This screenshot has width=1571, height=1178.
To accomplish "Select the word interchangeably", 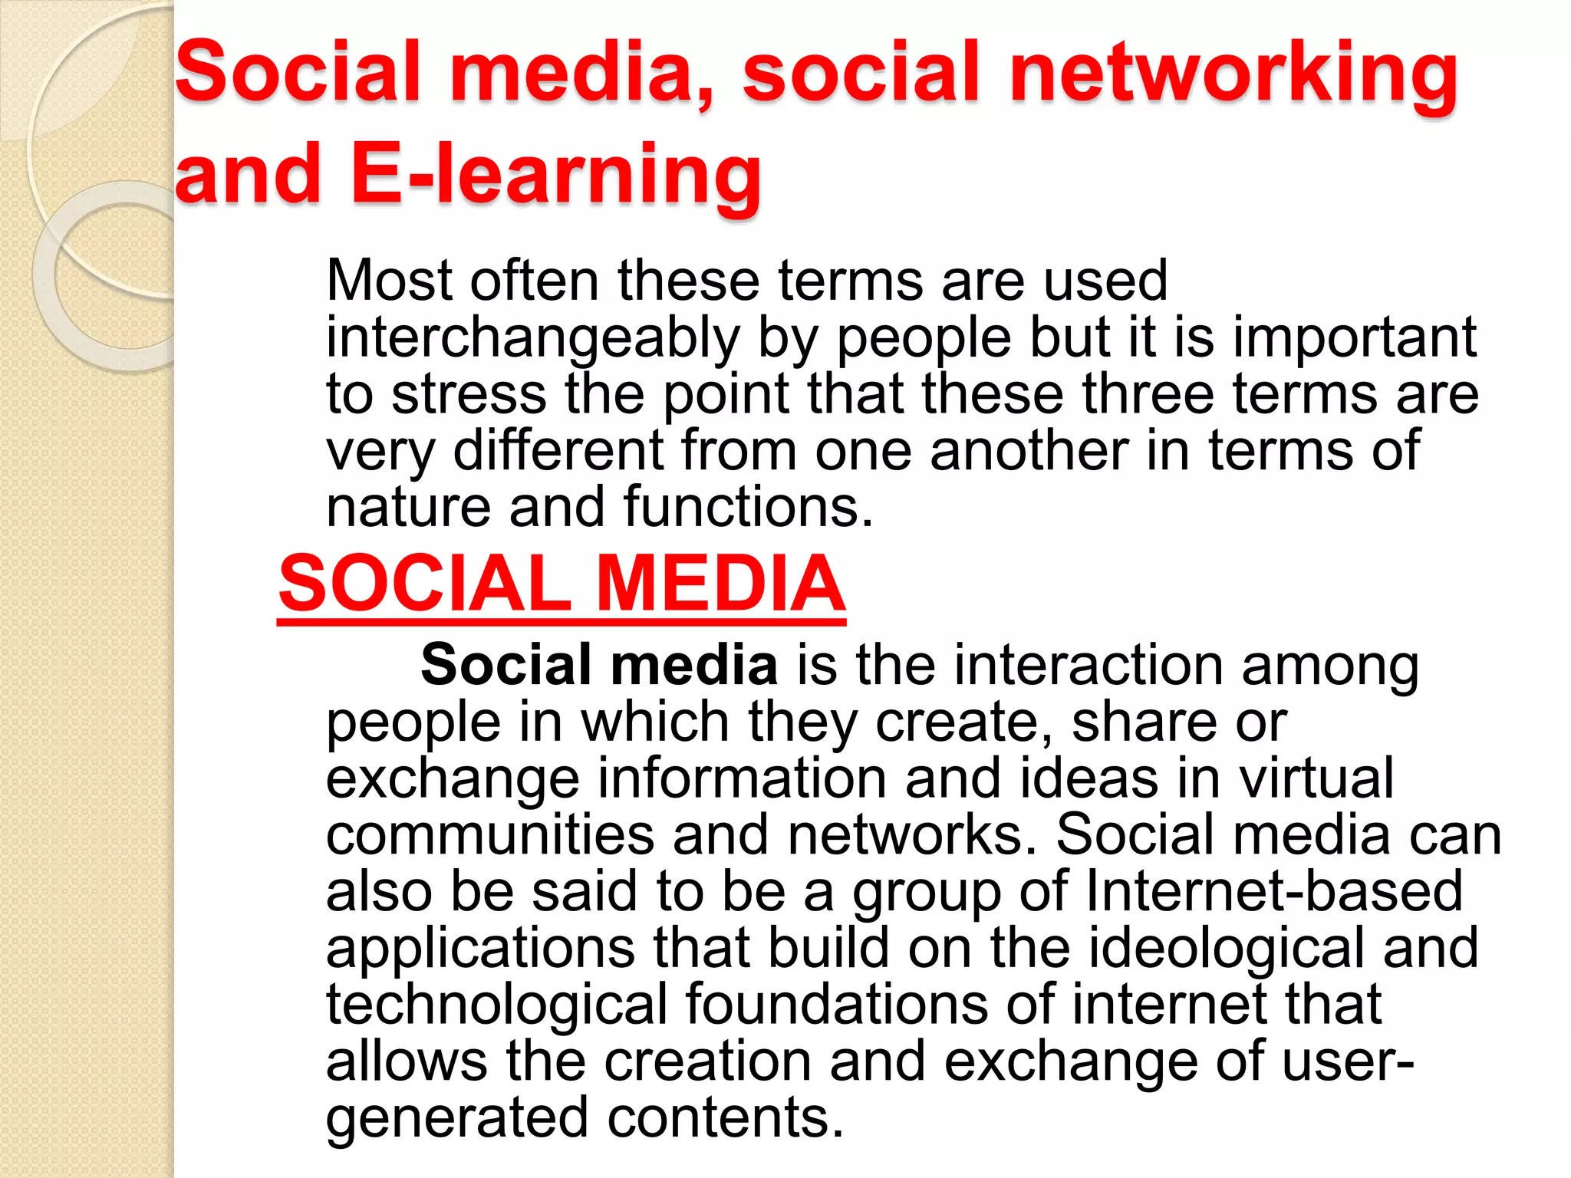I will pos(533,337).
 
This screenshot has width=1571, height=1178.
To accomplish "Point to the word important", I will pos(1354,337).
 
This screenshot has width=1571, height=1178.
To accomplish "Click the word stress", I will pos(469,394).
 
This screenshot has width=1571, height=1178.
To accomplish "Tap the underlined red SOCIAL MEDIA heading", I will pos(562,584).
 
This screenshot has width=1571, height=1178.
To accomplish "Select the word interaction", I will pos(1039,665).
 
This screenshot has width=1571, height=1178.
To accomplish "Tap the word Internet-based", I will pos(1273,891).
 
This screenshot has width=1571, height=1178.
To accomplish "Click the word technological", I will pos(497,1005).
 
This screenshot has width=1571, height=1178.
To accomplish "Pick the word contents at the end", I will pos(725,1117).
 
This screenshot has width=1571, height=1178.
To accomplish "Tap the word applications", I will pos(480,948).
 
